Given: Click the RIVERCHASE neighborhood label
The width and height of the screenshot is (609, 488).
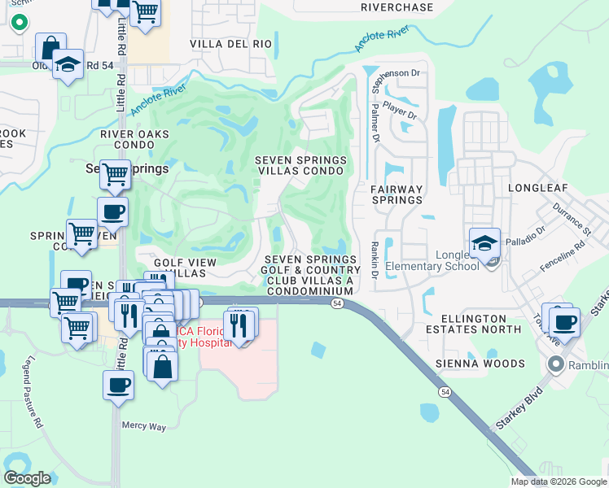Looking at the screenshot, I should click(397, 7).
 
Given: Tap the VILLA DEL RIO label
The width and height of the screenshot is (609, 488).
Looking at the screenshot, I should click(230, 43).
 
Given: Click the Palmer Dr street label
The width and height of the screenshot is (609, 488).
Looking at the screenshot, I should click(375, 122).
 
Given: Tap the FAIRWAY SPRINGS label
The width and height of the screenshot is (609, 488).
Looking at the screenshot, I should click(397, 195).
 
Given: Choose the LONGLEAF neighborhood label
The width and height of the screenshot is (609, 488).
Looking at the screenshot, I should click(537, 187).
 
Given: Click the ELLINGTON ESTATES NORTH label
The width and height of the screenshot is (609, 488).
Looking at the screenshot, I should click(480, 329).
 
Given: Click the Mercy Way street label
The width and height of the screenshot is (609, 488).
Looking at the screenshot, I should click(143, 425).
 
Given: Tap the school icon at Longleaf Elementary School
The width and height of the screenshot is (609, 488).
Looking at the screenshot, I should click(484, 243).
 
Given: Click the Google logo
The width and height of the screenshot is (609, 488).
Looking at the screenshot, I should click(27, 477).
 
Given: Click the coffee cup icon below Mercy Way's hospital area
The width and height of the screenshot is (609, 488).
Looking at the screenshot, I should click(118, 384).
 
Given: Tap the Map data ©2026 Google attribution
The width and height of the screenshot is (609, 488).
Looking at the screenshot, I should click(558, 481).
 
